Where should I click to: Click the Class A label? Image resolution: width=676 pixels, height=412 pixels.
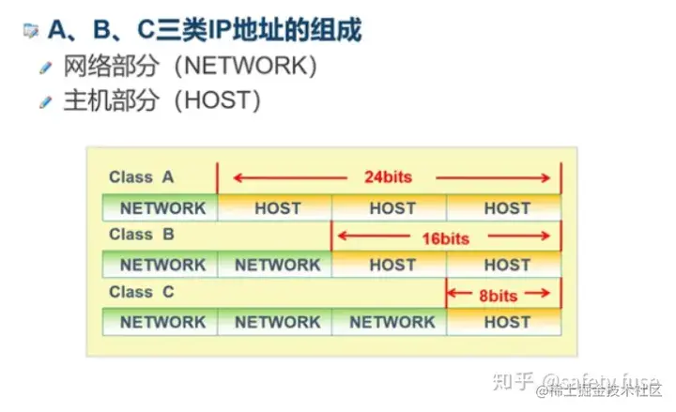(141, 176)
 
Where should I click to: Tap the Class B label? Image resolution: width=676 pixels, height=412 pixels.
(141, 235)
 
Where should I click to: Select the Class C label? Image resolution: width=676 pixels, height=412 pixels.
(141, 292)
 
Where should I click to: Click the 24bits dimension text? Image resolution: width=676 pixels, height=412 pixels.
(388, 176)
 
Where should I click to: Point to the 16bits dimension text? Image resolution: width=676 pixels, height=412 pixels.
(445, 238)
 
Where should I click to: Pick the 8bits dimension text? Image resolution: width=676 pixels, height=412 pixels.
(498, 296)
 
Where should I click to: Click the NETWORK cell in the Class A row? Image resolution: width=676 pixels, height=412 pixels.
(161, 208)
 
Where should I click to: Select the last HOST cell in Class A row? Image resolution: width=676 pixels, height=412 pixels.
(507, 208)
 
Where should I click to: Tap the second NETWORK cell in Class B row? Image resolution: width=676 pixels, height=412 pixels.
(277, 266)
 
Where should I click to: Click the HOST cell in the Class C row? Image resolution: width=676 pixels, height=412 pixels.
(507, 322)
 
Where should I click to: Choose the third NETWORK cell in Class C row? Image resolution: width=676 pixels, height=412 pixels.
(392, 322)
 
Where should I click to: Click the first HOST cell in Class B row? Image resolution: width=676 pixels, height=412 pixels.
(392, 266)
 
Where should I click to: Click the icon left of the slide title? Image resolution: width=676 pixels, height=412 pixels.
(30, 30)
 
